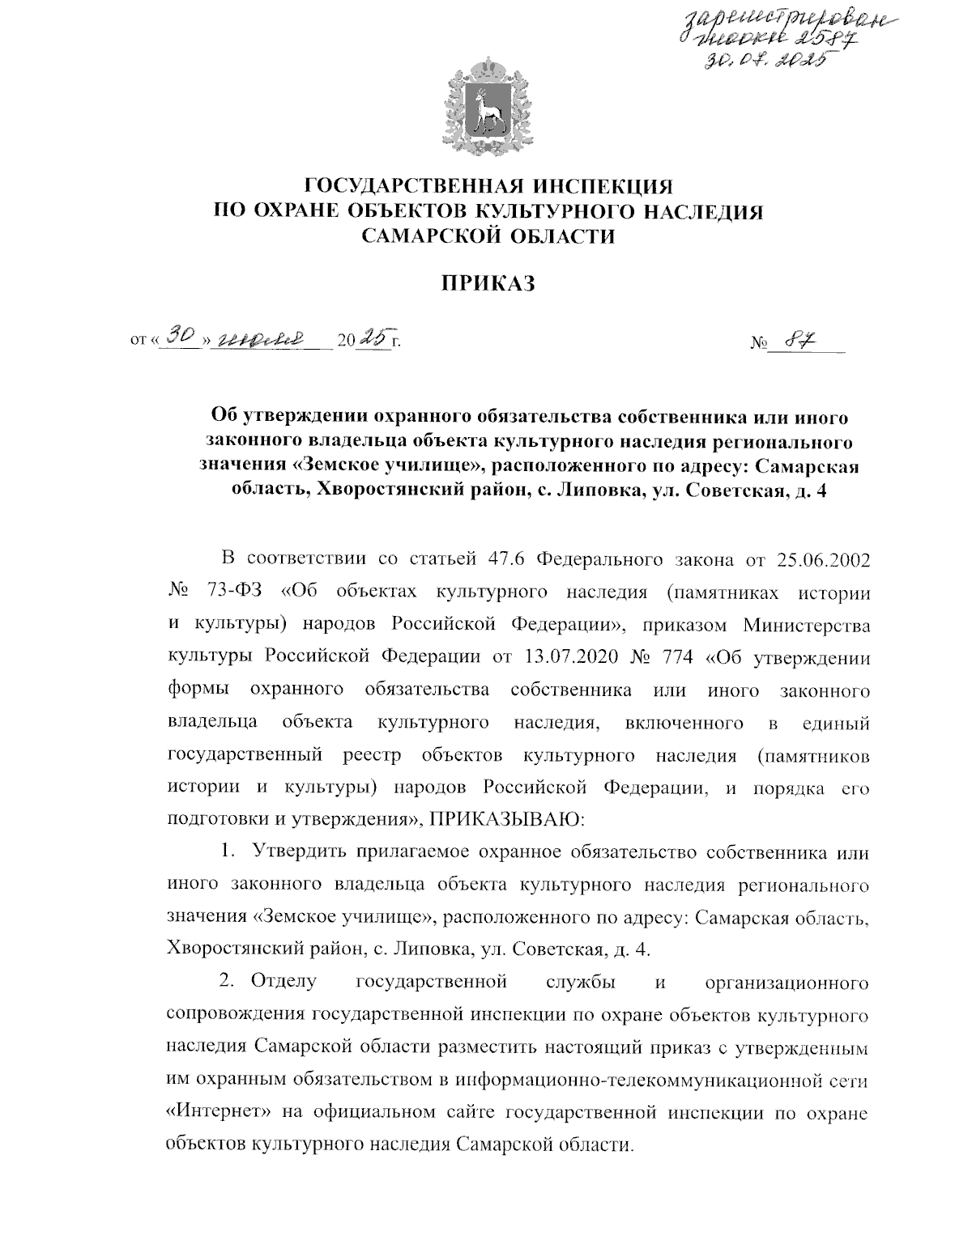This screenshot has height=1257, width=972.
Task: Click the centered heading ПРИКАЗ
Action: point(488,283)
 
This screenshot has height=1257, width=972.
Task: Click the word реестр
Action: point(372,756)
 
